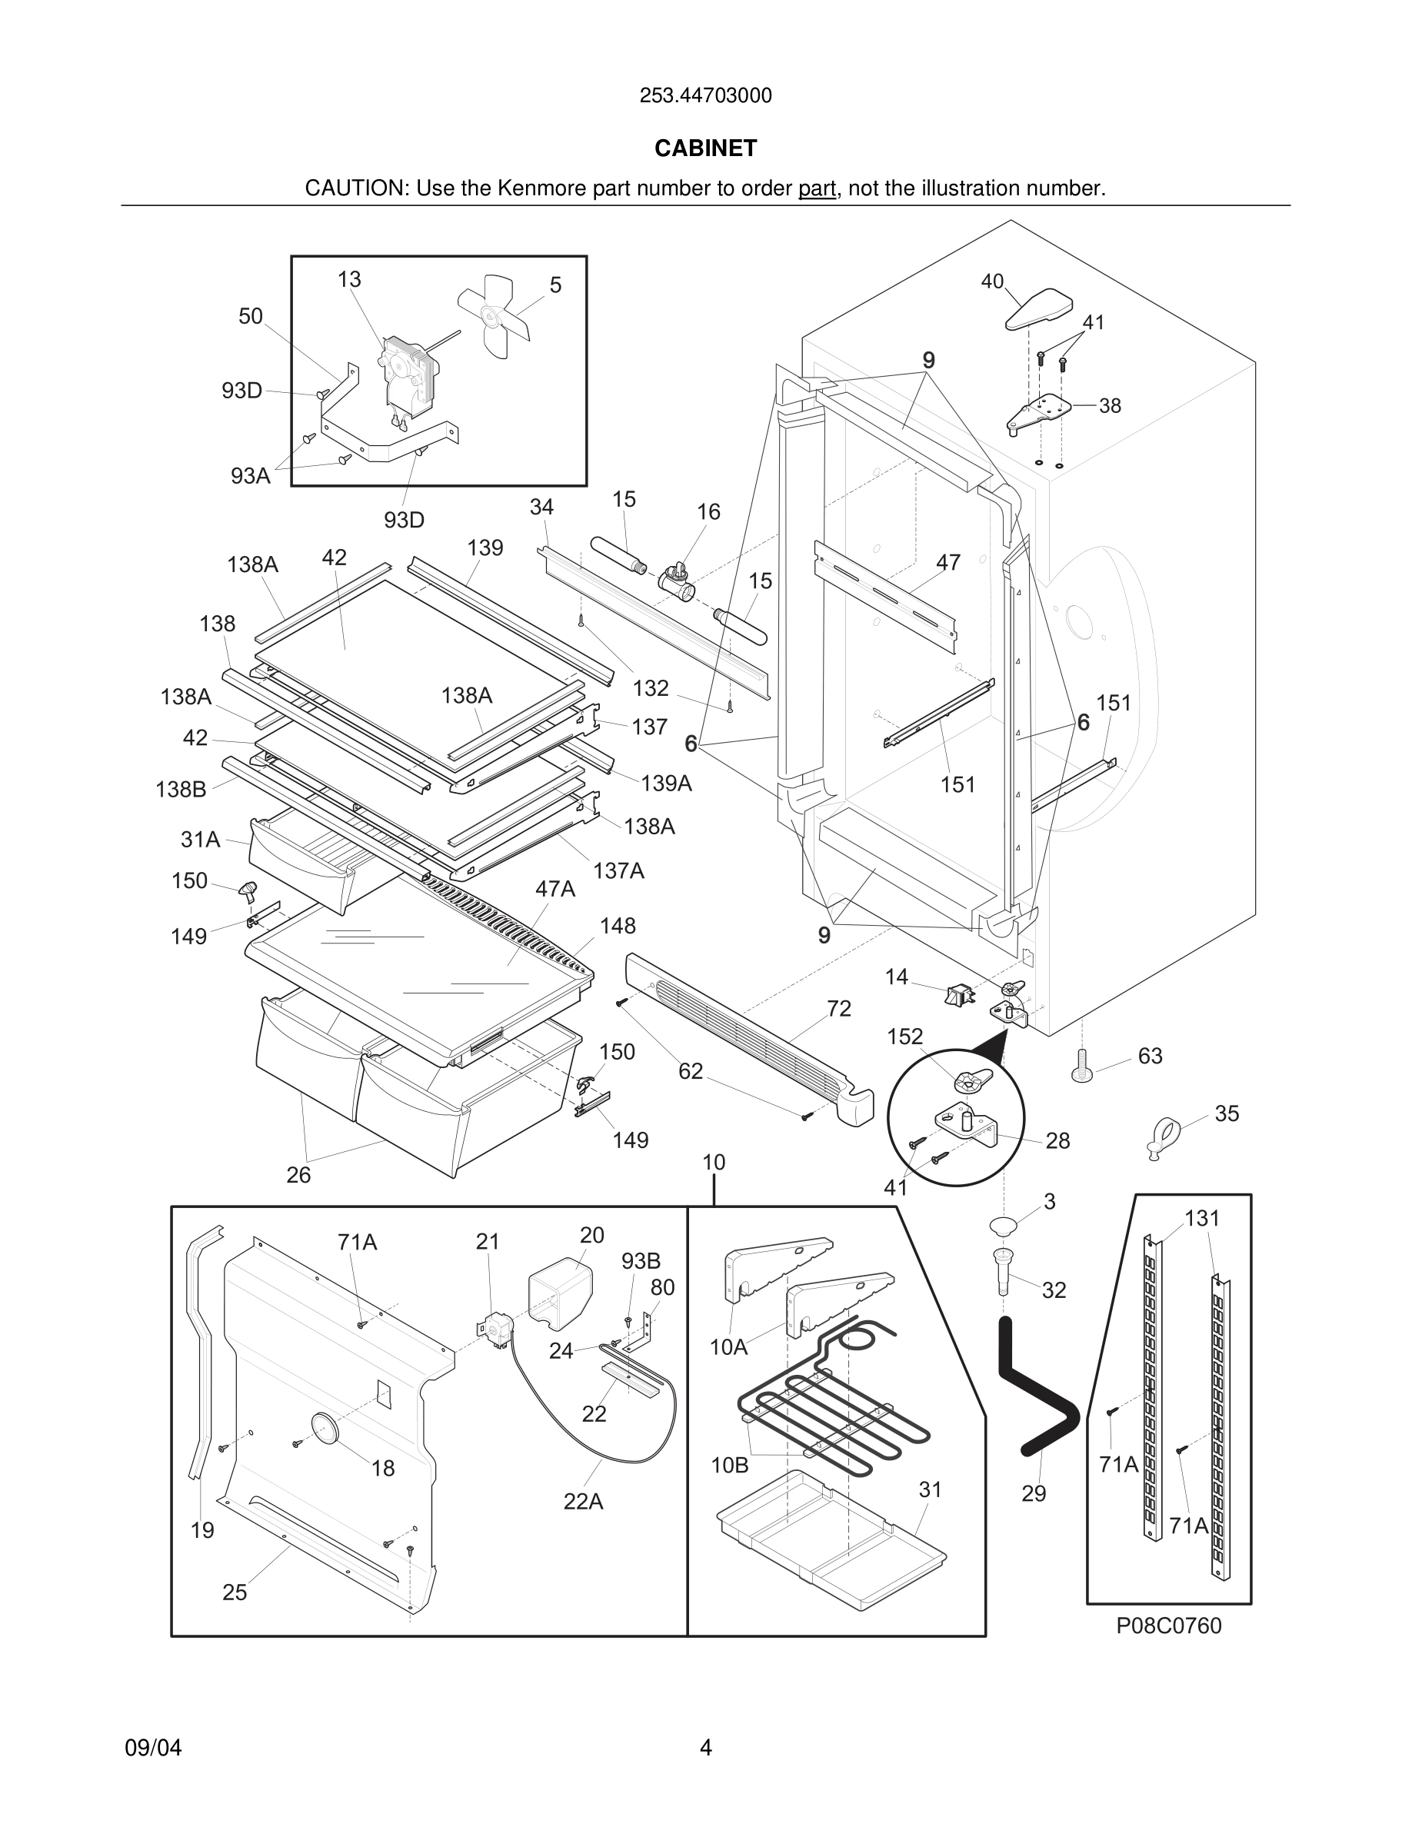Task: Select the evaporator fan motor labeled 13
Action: coord(408,374)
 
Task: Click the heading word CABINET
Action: coord(705,148)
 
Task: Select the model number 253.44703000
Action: coord(705,96)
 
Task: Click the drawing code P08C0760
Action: coord(1168,1626)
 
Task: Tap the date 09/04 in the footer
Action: coord(153,1748)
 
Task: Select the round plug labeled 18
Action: coord(325,1427)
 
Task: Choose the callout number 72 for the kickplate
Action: coord(838,1009)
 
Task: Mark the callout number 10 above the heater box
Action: coord(714,1162)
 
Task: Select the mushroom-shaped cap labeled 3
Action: coord(1001,1226)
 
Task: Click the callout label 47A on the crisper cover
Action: coord(554,888)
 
